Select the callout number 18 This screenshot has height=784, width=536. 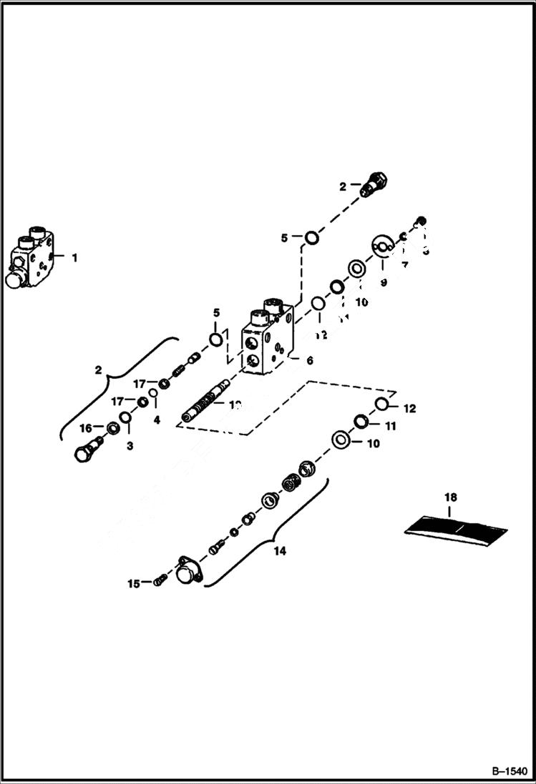pos(449,496)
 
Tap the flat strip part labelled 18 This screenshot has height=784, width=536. pos(456,530)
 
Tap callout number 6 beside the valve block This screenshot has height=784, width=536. pos(309,361)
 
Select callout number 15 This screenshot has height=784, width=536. pos(133,584)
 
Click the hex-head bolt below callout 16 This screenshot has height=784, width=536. pos(85,452)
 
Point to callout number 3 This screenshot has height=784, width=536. pos(130,447)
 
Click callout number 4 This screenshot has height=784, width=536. pos(157,420)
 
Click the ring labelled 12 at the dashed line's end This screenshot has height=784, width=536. pos(381,405)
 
